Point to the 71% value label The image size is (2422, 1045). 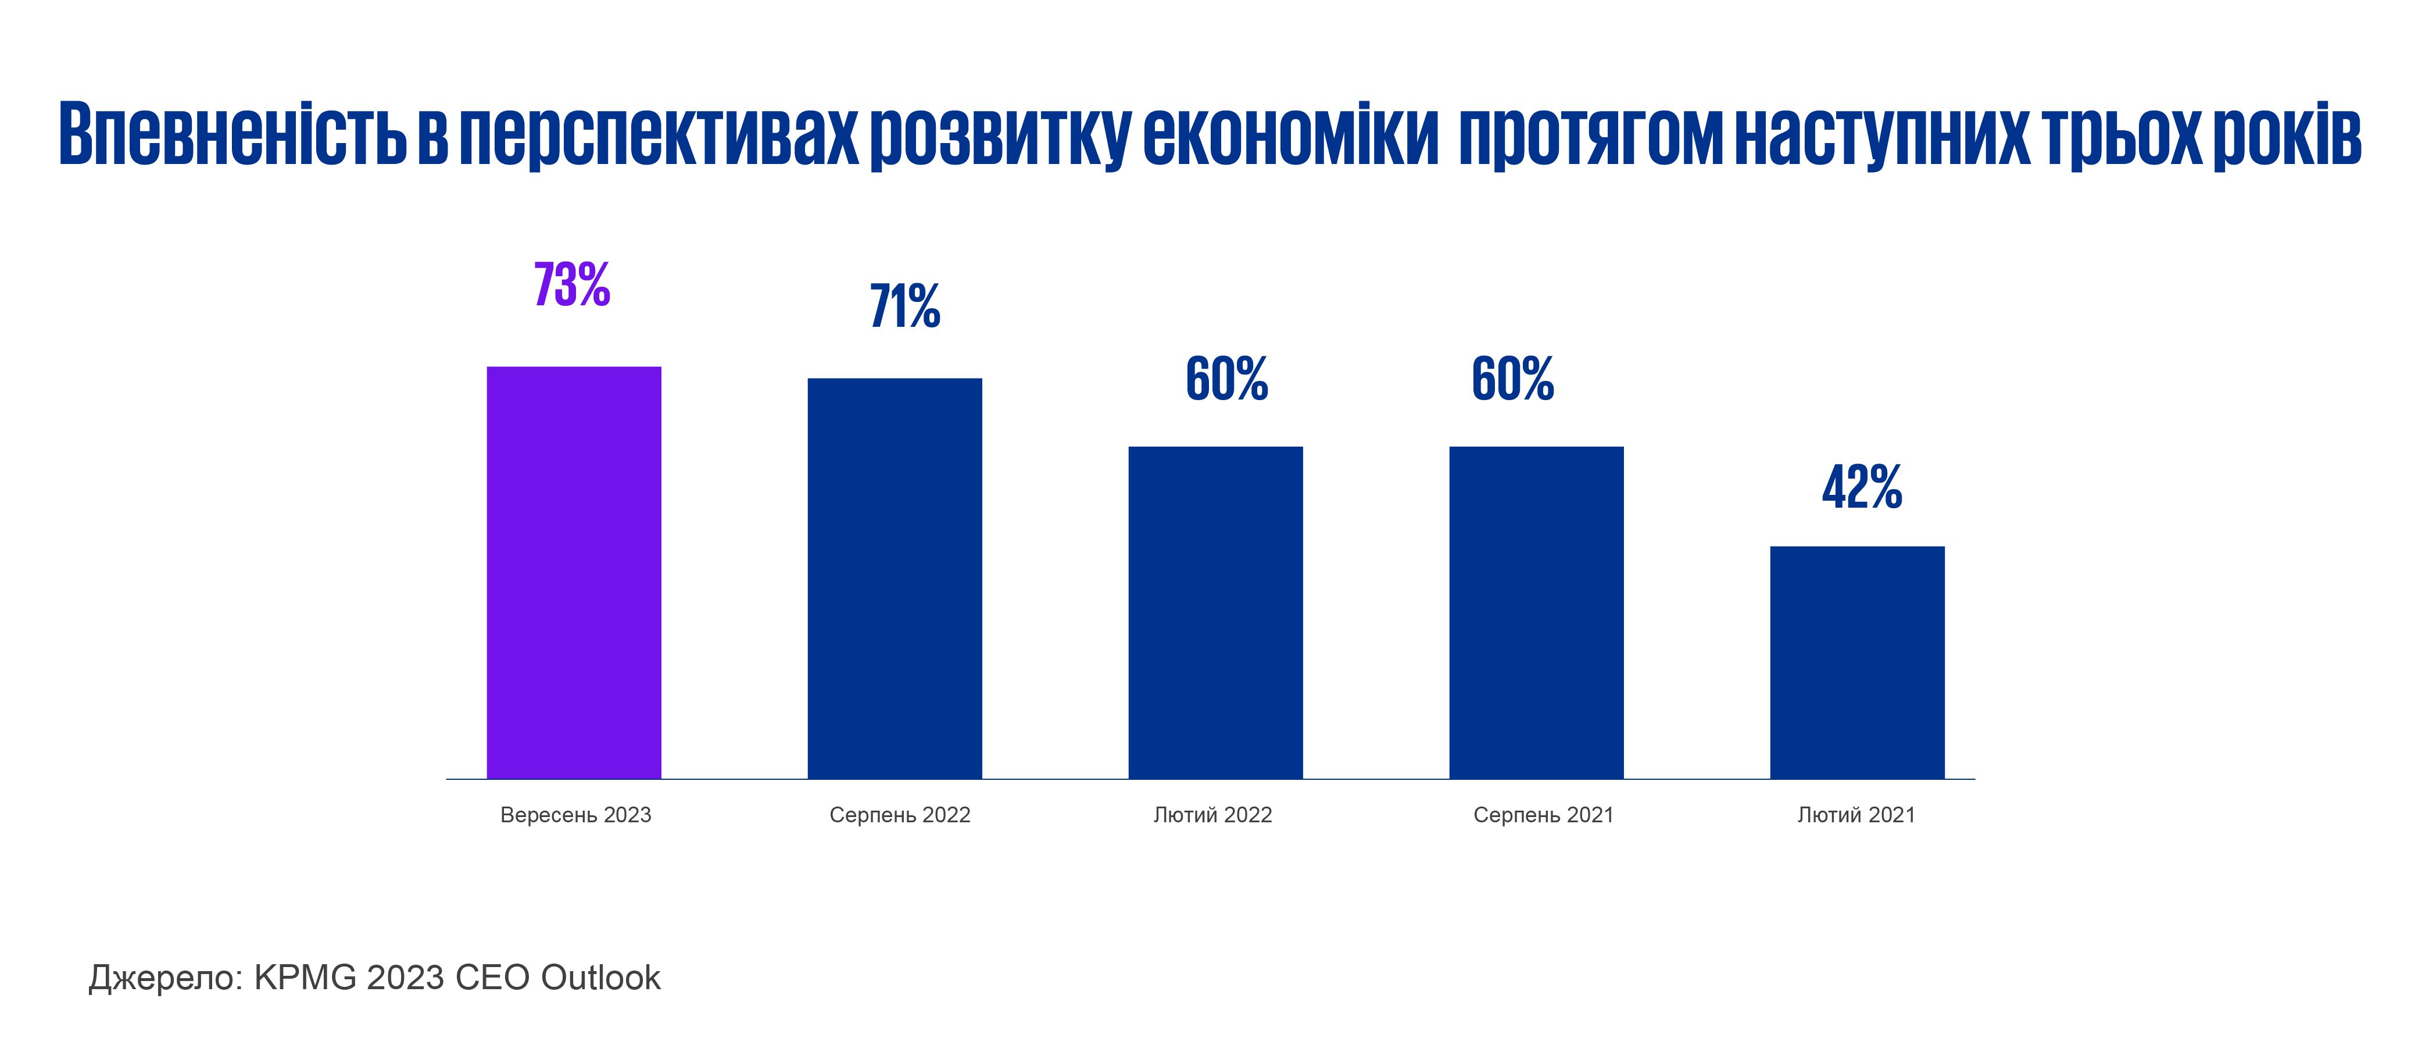pyautogui.click(x=904, y=306)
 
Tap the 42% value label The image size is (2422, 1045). pyautogui.click(x=1862, y=488)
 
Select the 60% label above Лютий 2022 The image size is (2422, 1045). pyautogui.click(x=1226, y=379)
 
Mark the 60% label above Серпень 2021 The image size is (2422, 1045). pyautogui.click(x=1512, y=379)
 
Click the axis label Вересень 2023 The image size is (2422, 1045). pyautogui.click(x=575, y=815)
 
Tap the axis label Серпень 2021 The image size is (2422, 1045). pyautogui.click(x=1543, y=815)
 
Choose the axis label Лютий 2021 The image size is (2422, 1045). pyautogui.click(x=1856, y=815)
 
